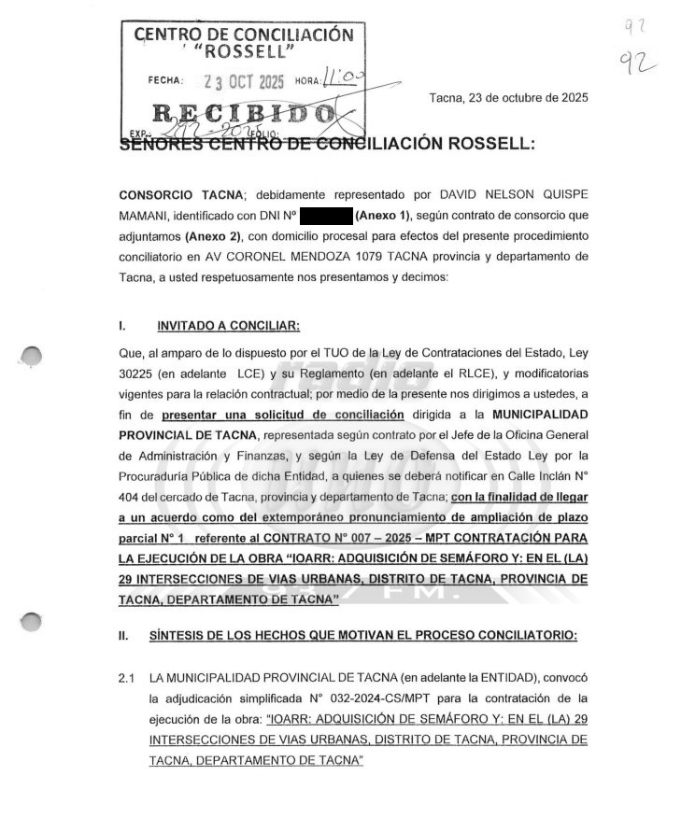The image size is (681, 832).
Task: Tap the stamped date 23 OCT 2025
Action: (x=242, y=81)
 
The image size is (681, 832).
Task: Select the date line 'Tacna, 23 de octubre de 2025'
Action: (x=508, y=98)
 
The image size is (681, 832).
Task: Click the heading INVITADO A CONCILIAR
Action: (x=228, y=325)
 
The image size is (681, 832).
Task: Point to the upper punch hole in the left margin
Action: (x=32, y=356)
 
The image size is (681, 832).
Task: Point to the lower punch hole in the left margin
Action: (x=32, y=622)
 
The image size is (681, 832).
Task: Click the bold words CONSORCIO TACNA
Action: (x=178, y=195)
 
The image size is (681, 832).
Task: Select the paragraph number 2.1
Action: (x=127, y=677)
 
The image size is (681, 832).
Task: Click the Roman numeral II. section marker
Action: (x=123, y=636)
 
